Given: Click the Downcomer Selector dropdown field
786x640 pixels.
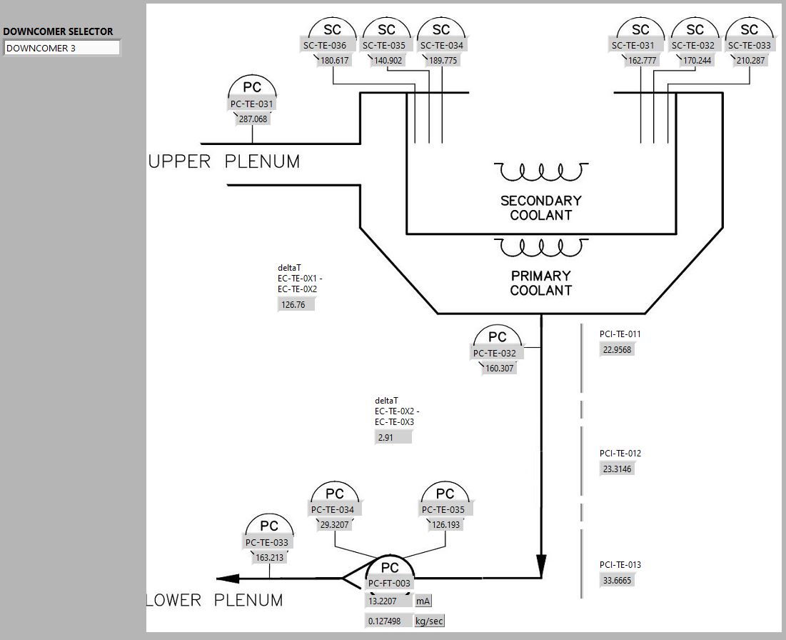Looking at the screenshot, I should point(62,49).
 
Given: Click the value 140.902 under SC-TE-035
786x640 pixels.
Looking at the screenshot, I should point(388,61).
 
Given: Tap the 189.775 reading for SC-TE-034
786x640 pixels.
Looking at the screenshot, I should point(443,61).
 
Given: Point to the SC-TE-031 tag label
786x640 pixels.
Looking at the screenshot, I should point(633,46).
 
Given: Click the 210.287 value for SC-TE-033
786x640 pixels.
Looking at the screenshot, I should point(750,61).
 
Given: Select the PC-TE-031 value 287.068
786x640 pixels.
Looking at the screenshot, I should point(253,119).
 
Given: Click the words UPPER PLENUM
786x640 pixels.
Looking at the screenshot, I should point(224,162).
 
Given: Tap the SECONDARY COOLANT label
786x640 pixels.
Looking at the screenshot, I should point(540,207).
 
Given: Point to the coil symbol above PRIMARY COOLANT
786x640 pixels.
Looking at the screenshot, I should point(542,249).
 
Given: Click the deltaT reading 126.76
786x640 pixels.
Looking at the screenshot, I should point(294,304).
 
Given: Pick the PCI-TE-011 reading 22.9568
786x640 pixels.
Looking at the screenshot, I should point(617,349).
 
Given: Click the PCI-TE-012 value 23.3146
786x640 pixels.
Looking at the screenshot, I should point(617,469).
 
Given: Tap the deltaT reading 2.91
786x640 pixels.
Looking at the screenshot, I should point(392,437).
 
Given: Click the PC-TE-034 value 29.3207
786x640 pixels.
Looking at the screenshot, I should point(334,524).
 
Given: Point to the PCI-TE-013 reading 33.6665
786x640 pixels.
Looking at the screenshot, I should point(617,581).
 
